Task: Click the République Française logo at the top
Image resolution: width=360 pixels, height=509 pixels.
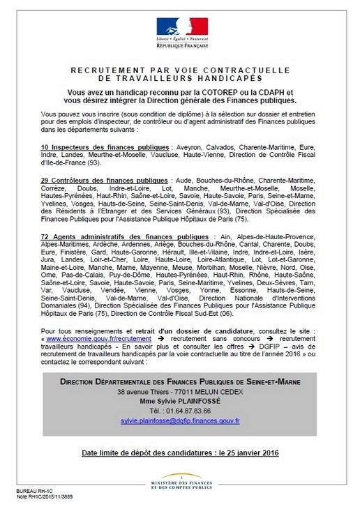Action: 179,31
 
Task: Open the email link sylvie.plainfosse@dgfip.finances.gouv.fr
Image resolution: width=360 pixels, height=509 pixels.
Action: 179,420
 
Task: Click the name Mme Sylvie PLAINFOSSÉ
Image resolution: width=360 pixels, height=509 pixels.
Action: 179,401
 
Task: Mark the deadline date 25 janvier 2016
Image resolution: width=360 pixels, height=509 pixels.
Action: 244,453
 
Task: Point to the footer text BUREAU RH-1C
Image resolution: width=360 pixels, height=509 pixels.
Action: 31,492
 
